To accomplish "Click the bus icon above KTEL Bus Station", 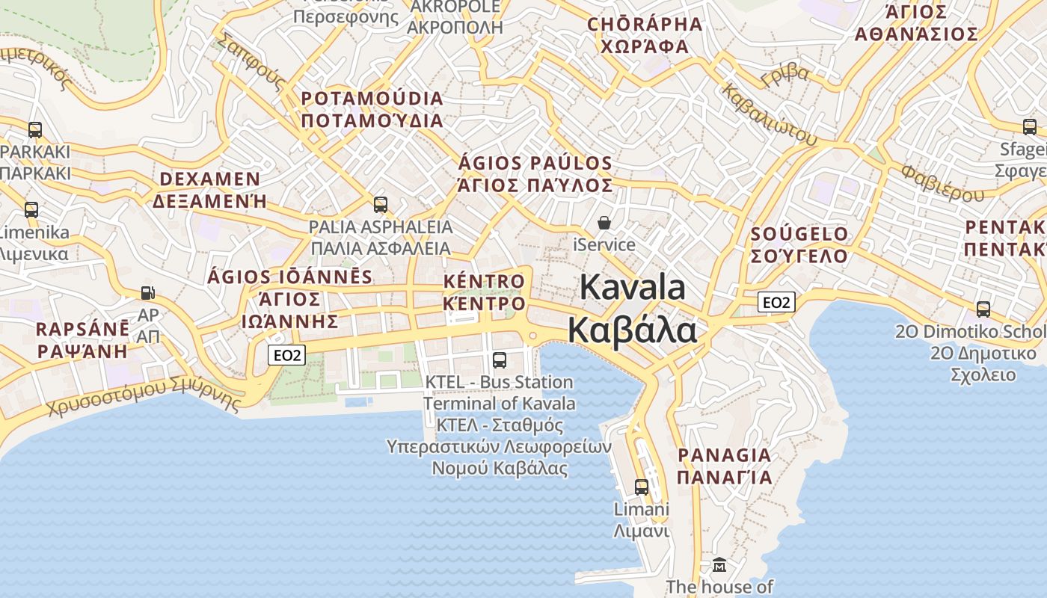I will [500, 360].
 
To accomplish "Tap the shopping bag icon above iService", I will [604, 223].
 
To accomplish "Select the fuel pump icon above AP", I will [148, 293].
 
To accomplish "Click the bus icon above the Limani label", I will [642, 487].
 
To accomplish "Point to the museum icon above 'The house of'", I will [719, 564].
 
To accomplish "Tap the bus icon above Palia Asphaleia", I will [381, 204].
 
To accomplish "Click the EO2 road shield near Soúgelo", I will [776, 302].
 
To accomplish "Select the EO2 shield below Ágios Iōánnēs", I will [287, 355].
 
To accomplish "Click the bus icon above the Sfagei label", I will [1030, 126].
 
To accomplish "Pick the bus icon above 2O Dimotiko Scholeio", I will [983, 309].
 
